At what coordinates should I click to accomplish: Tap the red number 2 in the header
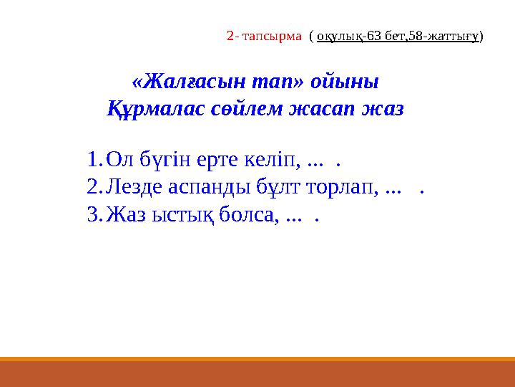pos(230,35)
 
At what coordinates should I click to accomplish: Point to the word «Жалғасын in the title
pos(183,81)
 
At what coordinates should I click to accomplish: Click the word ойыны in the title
pos(344,81)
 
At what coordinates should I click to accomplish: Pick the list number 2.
pos(92,187)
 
